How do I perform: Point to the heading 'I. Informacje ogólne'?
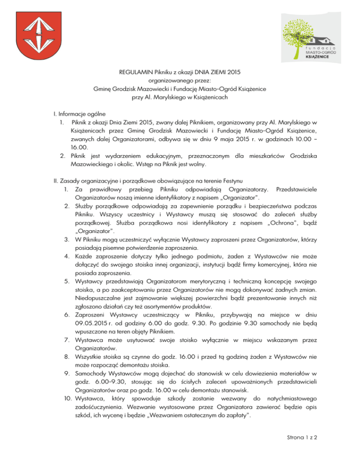79,113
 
